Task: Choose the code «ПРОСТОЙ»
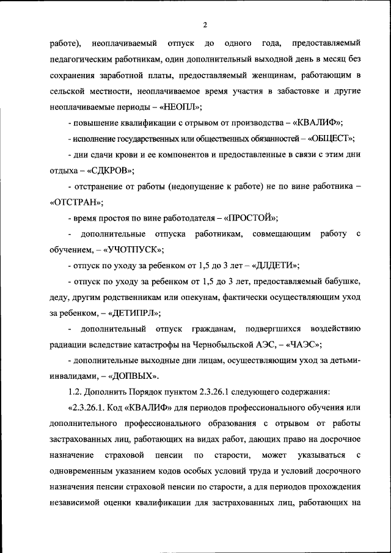point(251,218)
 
